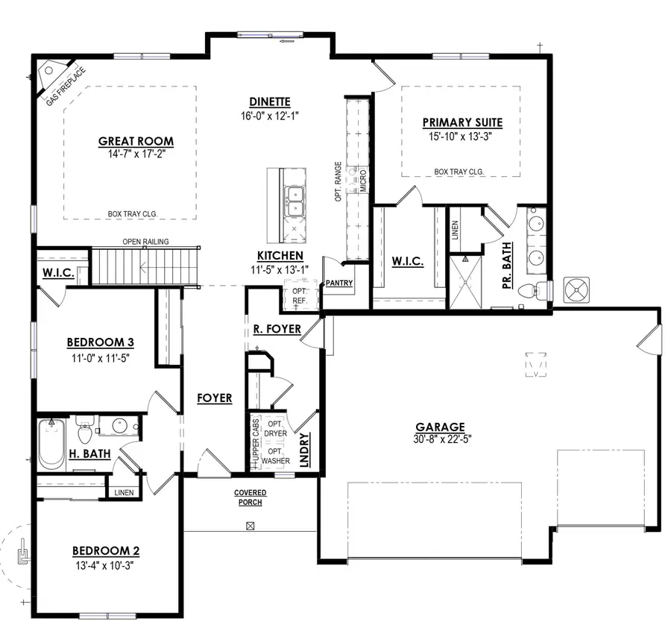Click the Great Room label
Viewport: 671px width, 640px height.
[x=136, y=141]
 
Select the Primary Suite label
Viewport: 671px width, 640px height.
[x=461, y=122]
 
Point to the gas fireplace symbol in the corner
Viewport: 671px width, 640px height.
[x=54, y=77]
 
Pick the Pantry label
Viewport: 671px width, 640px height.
[x=339, y=283]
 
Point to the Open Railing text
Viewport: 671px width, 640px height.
[x=145, y=242]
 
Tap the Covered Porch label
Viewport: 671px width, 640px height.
[x=250, y=498]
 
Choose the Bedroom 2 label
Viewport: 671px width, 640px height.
[x=105, y=551]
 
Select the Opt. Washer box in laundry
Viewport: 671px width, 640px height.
[x=275, y=456]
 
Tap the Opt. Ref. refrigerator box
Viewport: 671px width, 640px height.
[x=300, y=295]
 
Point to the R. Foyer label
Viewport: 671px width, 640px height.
[x=277, y=328]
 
